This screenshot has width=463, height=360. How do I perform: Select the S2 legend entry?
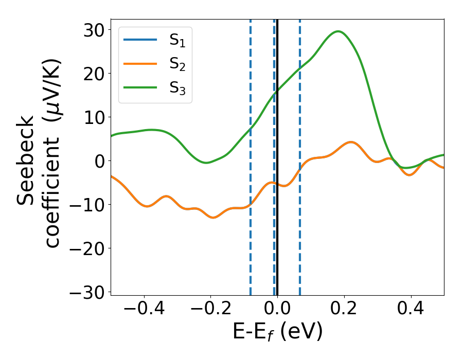coord(155,65)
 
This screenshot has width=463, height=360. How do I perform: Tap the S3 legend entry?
coord(155,88)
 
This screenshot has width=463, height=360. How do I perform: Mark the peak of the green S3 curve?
coord(338,31)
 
